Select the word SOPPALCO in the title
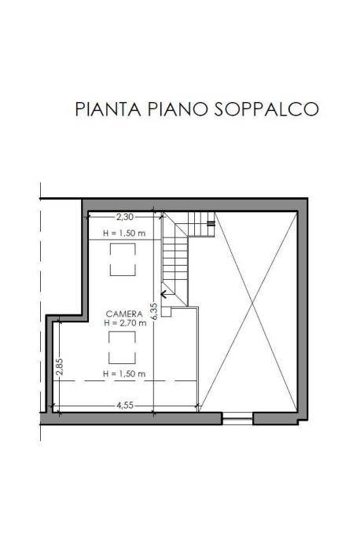tap(266, 108)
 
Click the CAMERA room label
tap(124, 314)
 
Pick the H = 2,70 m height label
tap(124, 323)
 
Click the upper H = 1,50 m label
tap(124, 233)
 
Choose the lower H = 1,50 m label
tap(124, 373)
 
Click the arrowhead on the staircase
tap(164, 297)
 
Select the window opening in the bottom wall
tap(236, 419)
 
